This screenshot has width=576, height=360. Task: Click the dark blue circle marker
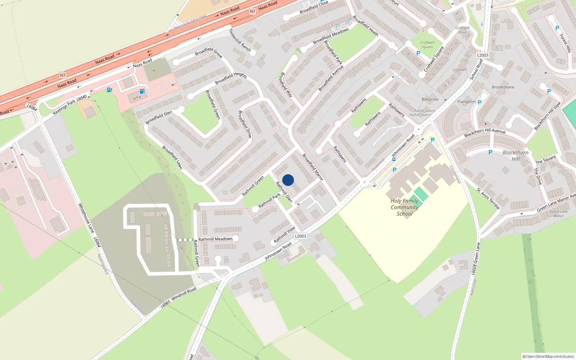pos(288,180)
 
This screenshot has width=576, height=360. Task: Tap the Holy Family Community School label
pos(404,207)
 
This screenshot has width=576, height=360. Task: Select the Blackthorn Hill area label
pos(516,156)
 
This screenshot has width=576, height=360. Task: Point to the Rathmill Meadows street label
pos(215,239)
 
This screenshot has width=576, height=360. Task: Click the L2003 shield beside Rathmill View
pos(300,236)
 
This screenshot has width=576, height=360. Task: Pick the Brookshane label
pos(503,87)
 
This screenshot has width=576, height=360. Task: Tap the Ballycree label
pos(430,99)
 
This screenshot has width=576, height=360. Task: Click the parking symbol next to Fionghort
pos(480,103)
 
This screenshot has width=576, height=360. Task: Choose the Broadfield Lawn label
pos(172,157)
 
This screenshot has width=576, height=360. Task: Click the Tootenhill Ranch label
pos(240,40)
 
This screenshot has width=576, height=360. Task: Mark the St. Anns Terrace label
pos(488,198)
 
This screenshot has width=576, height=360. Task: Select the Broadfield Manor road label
pos(312,167)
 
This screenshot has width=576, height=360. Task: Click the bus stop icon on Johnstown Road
pos(394,159)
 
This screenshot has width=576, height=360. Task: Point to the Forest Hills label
pos(565,43)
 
